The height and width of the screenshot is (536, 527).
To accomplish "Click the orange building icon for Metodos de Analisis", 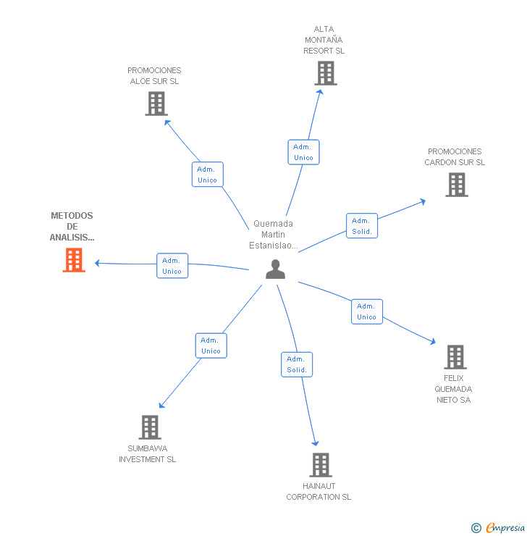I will [74, 260].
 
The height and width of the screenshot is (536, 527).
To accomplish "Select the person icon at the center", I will [275, 269].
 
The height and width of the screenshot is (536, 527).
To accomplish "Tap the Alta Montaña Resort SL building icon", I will [326, 73].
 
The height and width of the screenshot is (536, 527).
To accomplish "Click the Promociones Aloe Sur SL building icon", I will [156, 104].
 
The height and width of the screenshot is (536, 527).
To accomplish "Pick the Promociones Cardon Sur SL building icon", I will [456, 185].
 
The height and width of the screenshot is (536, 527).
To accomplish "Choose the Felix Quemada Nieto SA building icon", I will [455, 357].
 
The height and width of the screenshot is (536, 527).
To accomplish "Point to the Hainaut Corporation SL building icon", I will [320, 465].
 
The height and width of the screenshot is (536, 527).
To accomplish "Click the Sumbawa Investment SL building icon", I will [149, 427].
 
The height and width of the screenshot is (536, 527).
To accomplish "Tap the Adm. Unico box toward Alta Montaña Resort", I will [303, 152].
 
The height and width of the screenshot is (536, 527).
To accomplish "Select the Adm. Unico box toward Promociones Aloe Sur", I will [208, 175].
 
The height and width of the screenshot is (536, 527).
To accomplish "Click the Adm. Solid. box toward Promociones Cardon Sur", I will [362, 226].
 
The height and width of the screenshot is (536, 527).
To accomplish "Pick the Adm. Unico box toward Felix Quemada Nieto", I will [367, 311].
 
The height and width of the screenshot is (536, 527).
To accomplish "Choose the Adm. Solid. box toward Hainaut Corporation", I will [297, 364].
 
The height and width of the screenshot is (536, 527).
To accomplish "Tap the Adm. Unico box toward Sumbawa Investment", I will [211, 346].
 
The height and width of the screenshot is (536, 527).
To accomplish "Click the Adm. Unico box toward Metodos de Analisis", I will [172, 266].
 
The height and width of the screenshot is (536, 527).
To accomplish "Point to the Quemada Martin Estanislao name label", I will [273, 235].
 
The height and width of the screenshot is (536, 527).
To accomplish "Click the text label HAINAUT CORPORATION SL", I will [319, 491].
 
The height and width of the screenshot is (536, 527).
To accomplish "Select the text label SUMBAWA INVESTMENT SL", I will [148, 453].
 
